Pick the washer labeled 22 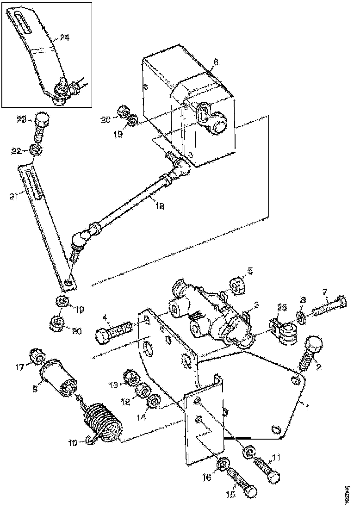point(35,149)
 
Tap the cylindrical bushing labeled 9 point(58,378)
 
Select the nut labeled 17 point(37,356)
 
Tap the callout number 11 point(277,458)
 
